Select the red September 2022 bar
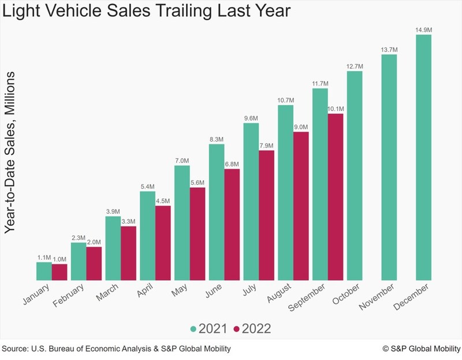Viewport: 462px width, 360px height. coord(336,196)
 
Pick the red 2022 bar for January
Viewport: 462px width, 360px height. coord(59,272)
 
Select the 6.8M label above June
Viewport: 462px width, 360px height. coord(232,164)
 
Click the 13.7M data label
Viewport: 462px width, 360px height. coord(389,50)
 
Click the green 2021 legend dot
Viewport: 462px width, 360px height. coord(194,329)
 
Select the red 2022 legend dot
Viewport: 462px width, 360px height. coord(237,329)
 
